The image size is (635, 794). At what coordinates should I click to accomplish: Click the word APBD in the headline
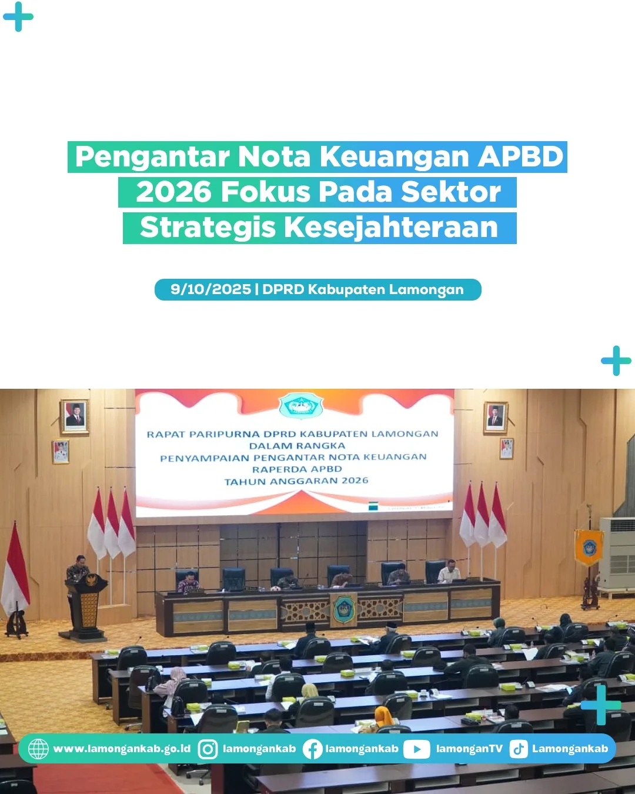[x=521, y=157]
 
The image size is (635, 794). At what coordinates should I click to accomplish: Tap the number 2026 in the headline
[x=173, y=192]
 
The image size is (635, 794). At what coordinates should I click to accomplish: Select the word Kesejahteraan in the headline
[x=391, y=228]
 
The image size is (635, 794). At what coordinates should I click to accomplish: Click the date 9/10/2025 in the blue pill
[x=210, y=289]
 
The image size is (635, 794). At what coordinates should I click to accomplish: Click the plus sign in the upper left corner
[x=18, y=16]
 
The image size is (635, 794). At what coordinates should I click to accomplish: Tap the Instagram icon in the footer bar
[x=208, y=749]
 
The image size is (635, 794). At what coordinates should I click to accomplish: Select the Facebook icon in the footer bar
[x=312, y=749]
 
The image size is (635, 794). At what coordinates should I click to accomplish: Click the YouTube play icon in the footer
[x=416, y=749]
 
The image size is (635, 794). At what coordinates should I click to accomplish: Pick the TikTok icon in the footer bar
[x=518, y=749]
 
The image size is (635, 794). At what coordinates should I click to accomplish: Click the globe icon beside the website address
[x=38, y=749]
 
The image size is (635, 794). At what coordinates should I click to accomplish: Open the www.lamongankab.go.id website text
[x=122, y=749]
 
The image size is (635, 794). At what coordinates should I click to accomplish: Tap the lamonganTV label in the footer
[x=469, y=749]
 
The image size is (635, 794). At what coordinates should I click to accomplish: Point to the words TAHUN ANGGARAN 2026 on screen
[x=296, y=481]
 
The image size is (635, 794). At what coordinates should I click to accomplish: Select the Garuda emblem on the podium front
[x=91, y=580]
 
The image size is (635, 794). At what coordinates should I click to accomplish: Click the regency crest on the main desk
[x=344, y=609]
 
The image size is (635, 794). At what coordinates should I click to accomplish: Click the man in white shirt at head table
[x=449, y=571]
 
